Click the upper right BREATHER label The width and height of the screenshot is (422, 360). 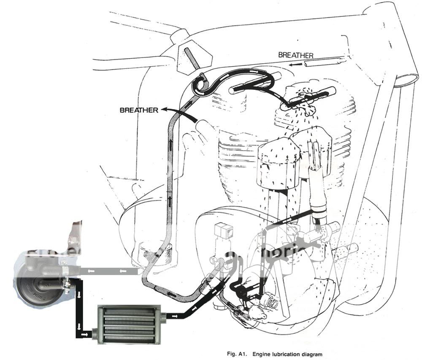tap(295, 55)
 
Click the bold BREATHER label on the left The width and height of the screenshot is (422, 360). tap(138, 110)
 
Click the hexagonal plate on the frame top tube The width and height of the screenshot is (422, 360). tap(189, 57)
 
